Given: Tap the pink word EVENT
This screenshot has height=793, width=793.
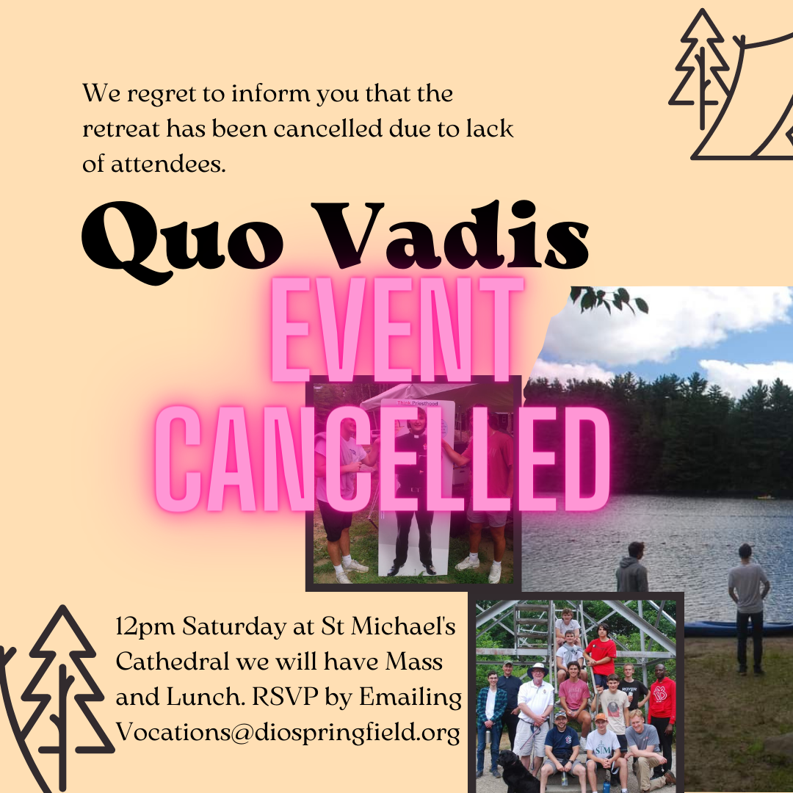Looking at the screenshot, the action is coord(397,329).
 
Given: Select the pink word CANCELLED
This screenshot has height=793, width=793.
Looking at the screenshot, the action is coord(383,459).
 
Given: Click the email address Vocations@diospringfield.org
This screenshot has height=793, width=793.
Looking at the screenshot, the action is coord(289,732).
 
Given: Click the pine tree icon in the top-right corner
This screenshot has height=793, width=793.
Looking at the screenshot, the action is coord(702,68).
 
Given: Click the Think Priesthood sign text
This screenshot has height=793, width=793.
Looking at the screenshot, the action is coord(417,403).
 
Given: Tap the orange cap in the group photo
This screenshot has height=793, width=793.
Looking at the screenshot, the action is coord(601,717).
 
